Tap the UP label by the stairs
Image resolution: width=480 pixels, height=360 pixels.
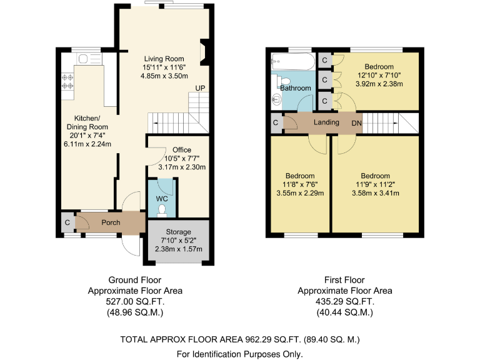point(200,88)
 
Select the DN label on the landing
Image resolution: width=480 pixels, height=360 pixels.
point(356,123)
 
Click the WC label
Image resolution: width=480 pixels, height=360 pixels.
point(162,199)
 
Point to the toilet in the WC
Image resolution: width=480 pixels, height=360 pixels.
point(162,209)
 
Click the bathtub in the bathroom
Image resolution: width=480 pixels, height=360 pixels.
point(292,61)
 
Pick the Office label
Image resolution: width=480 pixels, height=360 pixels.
point(182,150)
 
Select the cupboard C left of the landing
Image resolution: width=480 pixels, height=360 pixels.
point(276,123)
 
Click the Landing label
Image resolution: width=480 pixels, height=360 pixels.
point(326,122)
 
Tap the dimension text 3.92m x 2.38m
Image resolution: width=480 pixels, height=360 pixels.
point(379,84)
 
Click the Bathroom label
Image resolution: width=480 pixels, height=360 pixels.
point(295,88)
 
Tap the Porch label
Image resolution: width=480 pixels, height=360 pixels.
point(111,222)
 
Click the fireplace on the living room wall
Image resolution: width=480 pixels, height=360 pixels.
point(204,52)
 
